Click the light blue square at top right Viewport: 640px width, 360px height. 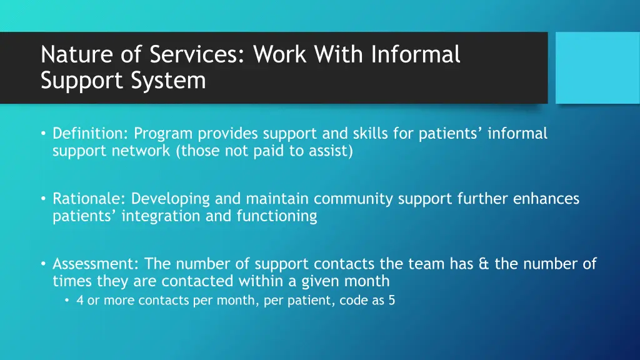pyautogui.click(x=597, y=67)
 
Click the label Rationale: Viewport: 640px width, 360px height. pyautogui.click(x=89, y=199)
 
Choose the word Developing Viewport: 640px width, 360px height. pyautogui.click(x=171, y=199)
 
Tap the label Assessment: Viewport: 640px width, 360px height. pyautogui.click(x=96, y=264)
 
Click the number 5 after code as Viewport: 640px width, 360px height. pyautogui.click(x=391, y=300)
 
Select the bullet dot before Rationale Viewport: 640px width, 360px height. pyautogui.click(x=44, y=199)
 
